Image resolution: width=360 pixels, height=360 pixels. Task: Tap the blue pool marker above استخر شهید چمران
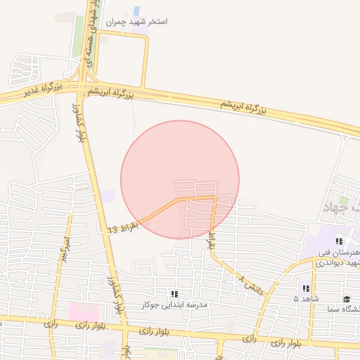pyautogui.click(x=136, y=11)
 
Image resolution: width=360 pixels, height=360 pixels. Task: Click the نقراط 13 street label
pyautogui.click(x=125, y=228)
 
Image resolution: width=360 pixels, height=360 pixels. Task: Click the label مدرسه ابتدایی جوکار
pyautogui.click(x=174, y=304)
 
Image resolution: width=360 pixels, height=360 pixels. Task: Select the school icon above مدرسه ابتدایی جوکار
pyautogui.click(x=174, y=293)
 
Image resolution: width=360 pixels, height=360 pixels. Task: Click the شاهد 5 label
pyautogui.click(x=305, y=299)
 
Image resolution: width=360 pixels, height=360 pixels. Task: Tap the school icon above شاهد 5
pyautogui.click(x=305, y=288)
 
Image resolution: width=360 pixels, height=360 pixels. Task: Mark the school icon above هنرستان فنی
pyautogui.click(x=339, y=241)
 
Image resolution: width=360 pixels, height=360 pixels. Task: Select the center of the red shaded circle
pyautogui.click(x=180, y=180)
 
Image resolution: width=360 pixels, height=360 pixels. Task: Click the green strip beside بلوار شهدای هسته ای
pyautogui.click(x=78, y=35)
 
